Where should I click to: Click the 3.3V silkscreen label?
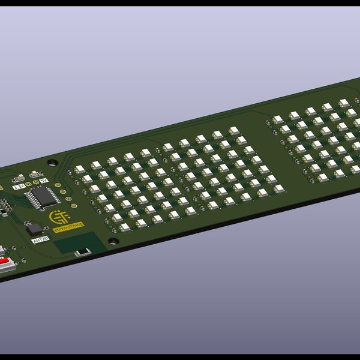pos(19,187)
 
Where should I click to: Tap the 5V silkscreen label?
pos(43,180)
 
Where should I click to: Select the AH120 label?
pos(40,239)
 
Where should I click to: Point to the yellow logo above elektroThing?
pos(59,215)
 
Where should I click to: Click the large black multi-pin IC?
pos(44,196)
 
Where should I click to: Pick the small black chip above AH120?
pos(35,229)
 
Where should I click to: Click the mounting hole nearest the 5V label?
pos(53,162)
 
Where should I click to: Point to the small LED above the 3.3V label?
pos(21,178)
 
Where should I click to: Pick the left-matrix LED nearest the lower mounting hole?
pos(125,227)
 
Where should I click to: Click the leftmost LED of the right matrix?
pos(278,120)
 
